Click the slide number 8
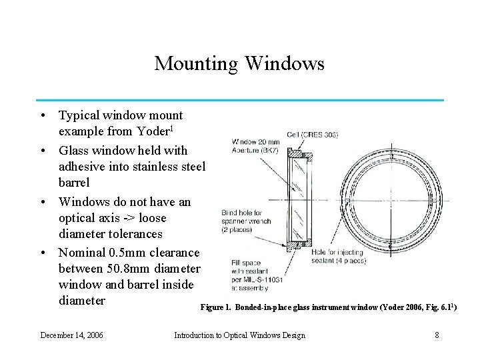437,335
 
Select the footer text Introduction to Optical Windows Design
239,335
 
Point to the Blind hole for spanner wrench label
245,221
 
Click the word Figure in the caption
215,308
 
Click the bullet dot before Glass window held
44,150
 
